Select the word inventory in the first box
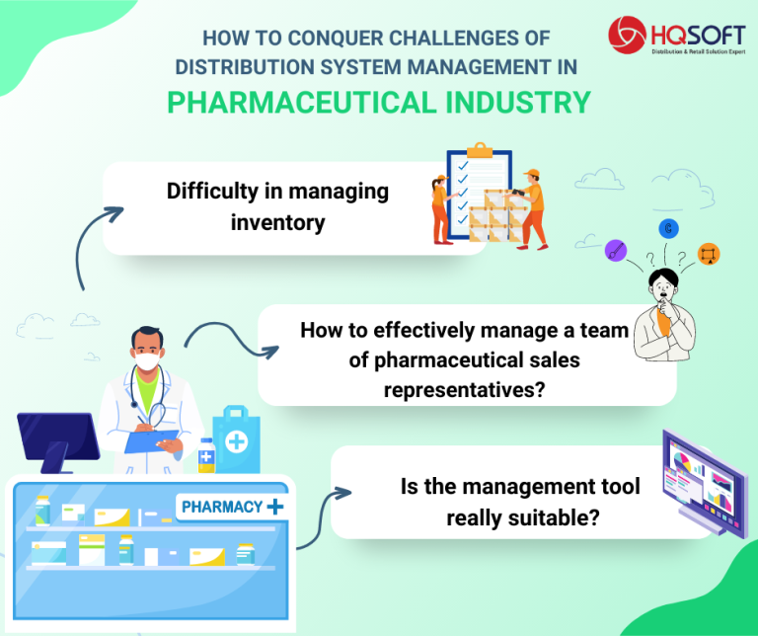click(x=277, y=222)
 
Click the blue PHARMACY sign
click(x=230, y=507)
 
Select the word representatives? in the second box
click(x=465, y=390)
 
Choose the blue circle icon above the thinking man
click(x=669, y=229)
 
